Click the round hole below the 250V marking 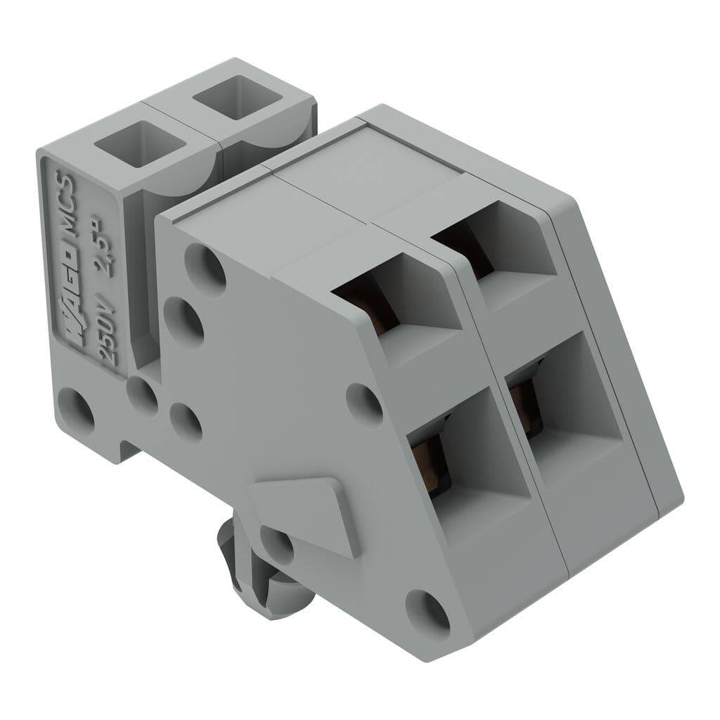(75, 410)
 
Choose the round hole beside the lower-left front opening (364, 404)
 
